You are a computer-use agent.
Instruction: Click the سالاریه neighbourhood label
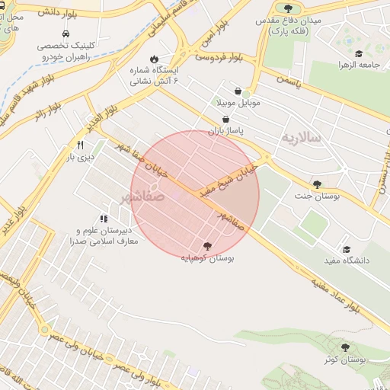click(x=302, y=139)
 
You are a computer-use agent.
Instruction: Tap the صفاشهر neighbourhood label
click(x=142, y=197)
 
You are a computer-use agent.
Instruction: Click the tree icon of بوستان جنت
click(x=317, y=184)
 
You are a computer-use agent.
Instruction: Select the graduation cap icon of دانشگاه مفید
click(x=347, y=249)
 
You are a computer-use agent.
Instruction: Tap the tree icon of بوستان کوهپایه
click(x=207, y=246)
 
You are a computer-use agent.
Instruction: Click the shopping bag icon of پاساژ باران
click(x=226, y=119)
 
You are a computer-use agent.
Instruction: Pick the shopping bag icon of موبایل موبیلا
click(x=238, y=90)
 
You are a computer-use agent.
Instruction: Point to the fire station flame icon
click(x=154, y=59)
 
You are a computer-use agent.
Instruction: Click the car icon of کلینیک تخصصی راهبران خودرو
click(x=67, y=34)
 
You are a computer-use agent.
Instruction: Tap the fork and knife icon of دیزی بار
click(x=79, y=145)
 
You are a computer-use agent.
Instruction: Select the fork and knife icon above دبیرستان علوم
click(x=104, y=219)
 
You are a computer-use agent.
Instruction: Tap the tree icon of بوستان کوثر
click(x=344, y=347)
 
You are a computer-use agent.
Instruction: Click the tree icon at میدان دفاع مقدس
click(x=289, y=8)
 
